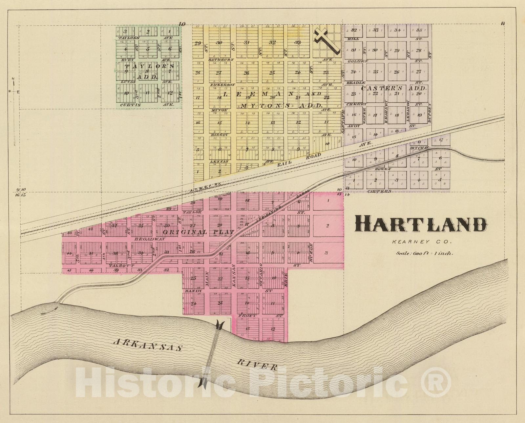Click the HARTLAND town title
pos(421,225)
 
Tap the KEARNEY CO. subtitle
pos(422,242)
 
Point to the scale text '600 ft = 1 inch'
pos(425,253)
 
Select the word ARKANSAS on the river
pos(147,345)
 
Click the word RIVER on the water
pos(257,365)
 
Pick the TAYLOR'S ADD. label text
pos(149,71)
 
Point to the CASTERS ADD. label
pos(393,88)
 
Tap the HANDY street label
pos(193,291)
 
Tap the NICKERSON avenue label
pos(222,85)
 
